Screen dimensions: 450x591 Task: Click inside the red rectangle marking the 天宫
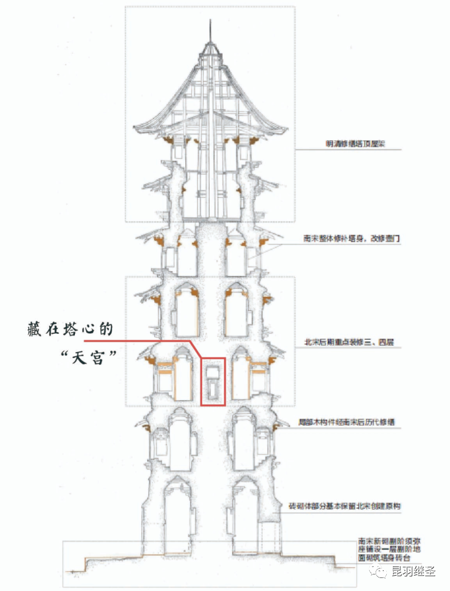[x=213, y=381]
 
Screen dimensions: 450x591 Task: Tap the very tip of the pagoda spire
[x=210, y=21]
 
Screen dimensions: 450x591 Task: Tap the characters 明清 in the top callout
[x=331, y=144]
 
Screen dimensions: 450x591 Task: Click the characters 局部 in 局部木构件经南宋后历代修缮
[x=305, y=423]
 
